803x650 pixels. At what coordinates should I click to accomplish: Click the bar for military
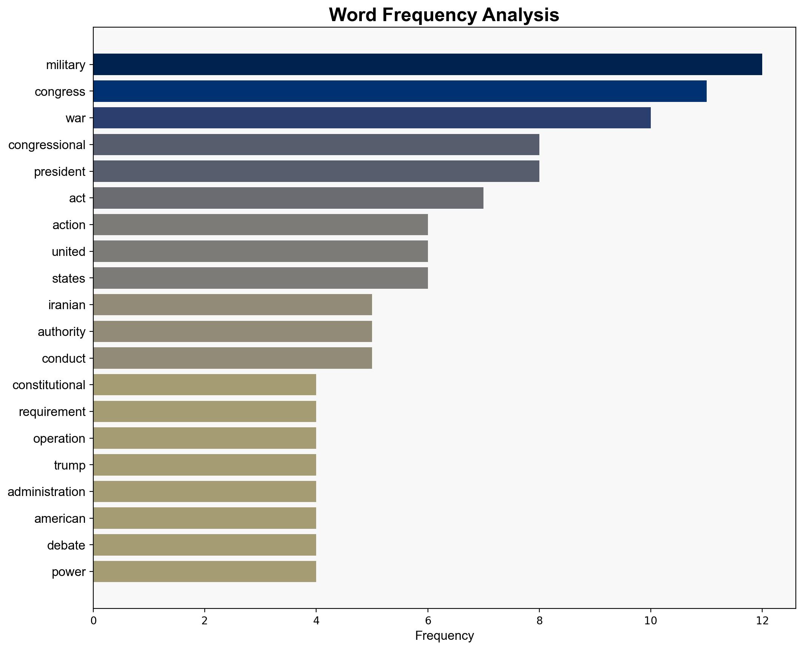[x=427, y=64]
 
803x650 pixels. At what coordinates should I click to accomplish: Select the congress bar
[x=400, y=91]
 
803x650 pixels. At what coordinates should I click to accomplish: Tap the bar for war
[x=372, y=118]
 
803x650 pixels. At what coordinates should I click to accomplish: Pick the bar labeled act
[x=288, y=198]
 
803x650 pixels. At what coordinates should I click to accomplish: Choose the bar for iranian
[x=232, y=305]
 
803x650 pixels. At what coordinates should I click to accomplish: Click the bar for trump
[x=204, y=465]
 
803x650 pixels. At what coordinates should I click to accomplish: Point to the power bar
[x=204, y=571]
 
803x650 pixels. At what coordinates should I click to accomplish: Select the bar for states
[x=260, y=278]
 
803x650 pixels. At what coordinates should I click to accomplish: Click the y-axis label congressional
[x=47, y=145]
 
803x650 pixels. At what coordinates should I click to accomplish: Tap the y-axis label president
[x=60, y=172]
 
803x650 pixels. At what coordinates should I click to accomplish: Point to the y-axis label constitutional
[x=49, y=385]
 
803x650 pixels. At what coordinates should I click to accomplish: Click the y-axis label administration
[x=46, y=492]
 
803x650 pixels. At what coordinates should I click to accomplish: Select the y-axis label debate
[x=66, y=545]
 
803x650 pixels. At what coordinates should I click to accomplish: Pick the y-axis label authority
[x=62, y=332]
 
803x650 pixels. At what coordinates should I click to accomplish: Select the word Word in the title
[x=352, y=15]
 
